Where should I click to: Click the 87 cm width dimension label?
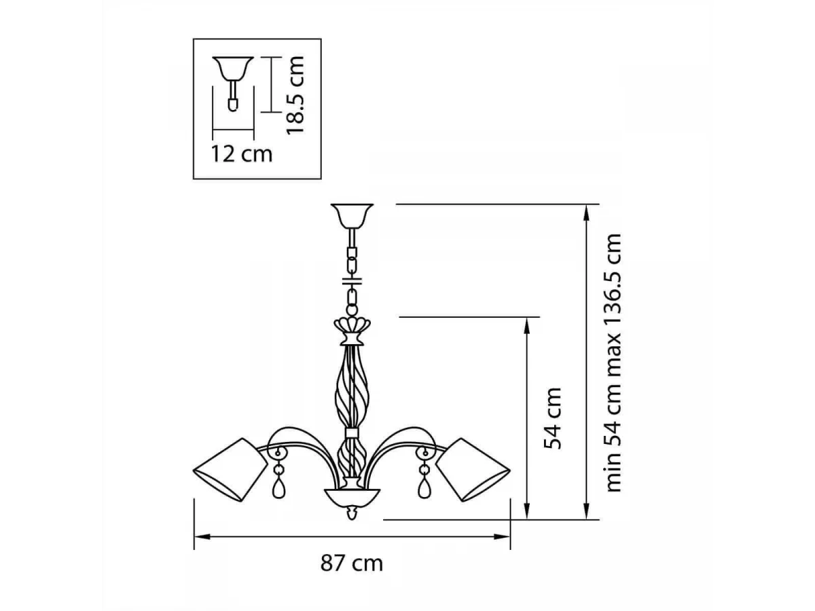tap(351, 563)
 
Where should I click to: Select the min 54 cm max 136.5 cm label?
tap(613, 363)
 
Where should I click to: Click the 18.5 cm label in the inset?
tap(295, 95)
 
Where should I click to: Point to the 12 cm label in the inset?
tap(242, 153)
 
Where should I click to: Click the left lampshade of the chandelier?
tap(230, 470)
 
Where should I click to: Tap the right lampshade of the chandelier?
tap(473, 470)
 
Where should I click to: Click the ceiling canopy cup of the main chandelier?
tap(352, 215)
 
